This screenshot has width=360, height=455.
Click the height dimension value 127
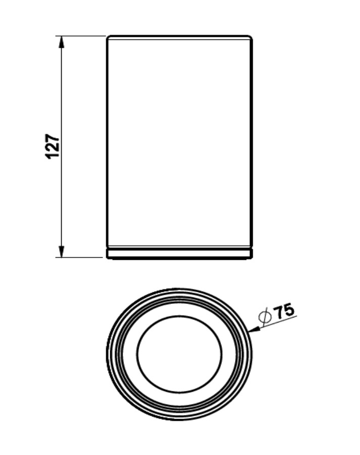point(52,146)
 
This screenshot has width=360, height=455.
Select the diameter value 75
point(284,311)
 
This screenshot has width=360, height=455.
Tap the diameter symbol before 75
point(265,316)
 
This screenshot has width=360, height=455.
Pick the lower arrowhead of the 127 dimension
point(61,251)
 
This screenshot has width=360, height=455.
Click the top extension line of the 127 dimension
point(80,36)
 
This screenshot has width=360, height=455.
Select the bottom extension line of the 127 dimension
point(79,257)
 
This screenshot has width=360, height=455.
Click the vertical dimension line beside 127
point(61,147)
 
